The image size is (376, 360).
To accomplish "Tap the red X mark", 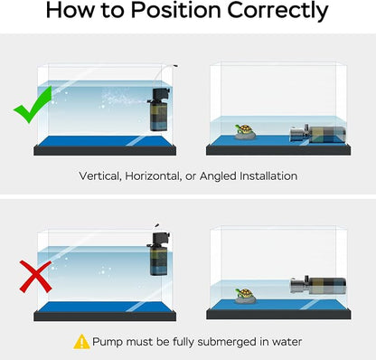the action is pos(35,277).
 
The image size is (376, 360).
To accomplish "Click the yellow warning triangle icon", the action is pos(81,342).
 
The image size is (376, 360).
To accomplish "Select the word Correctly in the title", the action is pos(277,11).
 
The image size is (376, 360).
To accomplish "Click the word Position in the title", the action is pos(176,10).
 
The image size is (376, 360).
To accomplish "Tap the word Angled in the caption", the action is pos(219,176).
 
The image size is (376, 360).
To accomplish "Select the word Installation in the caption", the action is pos(268,175).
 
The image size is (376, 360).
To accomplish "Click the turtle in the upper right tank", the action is pos(245,132).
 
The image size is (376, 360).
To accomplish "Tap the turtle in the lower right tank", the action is pos(245,296).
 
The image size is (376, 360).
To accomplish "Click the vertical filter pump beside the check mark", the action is pos(159,109).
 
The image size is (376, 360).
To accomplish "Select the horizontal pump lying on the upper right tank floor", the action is pos(317,134).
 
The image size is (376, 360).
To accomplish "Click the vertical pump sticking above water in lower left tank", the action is pos(159,253).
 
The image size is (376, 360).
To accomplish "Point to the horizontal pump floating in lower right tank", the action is pos(318,286).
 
